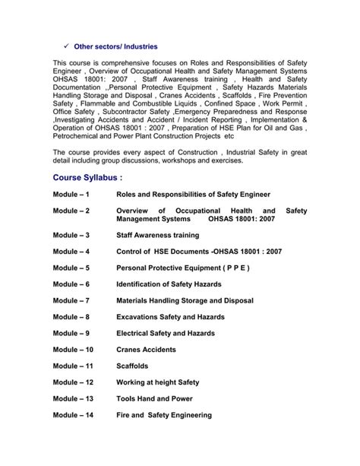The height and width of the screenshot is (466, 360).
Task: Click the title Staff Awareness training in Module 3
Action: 157,236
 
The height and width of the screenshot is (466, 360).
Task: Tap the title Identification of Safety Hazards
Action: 169,284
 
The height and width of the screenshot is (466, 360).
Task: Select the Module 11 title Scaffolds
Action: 134,366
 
